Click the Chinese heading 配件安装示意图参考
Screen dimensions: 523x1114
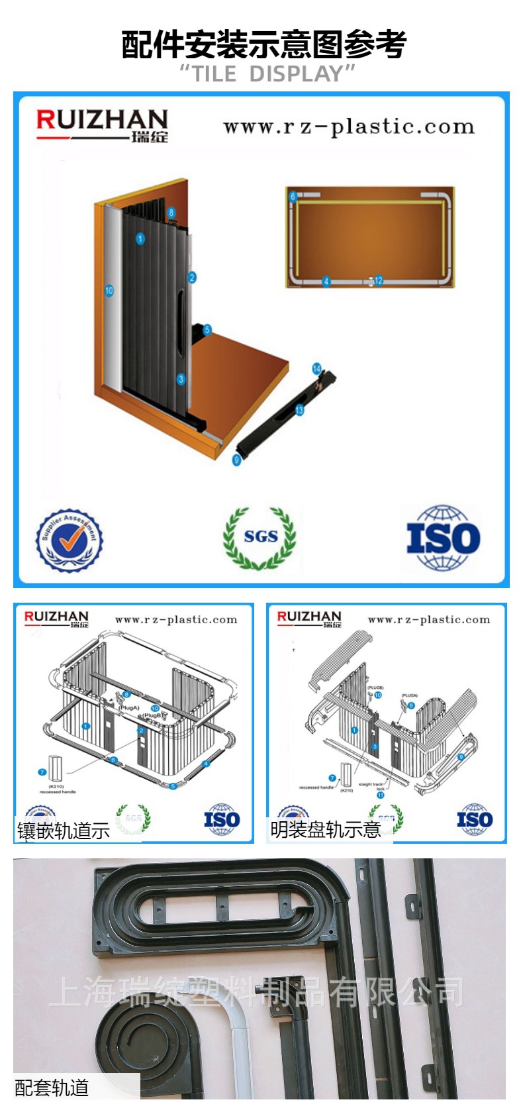pos(263,44)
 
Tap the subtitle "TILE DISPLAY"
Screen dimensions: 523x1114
pos(267,74)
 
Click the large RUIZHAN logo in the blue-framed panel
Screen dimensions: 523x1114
pos(102,125)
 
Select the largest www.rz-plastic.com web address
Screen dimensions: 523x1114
pos(349,127)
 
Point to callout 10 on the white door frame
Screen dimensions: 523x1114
pos(109,290)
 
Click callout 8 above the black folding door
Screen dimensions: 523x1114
pos(171,213)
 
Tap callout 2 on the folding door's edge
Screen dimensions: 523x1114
pos(192,278)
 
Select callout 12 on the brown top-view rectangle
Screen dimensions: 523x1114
pos(379,281)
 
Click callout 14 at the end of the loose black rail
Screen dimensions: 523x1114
pos(316,368)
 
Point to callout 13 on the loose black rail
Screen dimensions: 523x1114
pos(299,411)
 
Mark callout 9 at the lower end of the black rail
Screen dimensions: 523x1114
pos(236,460)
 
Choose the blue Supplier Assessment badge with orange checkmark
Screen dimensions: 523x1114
pos(70,540)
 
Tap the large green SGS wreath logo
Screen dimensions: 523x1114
pos(260,537)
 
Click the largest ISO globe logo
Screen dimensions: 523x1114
pos(443,538)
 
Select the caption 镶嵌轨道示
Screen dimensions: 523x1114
pos(64,831)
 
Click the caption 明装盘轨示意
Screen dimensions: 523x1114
pos(325,830)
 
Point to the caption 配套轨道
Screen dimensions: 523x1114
pos(52,1088)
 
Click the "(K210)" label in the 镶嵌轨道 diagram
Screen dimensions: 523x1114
pos(56,787)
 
